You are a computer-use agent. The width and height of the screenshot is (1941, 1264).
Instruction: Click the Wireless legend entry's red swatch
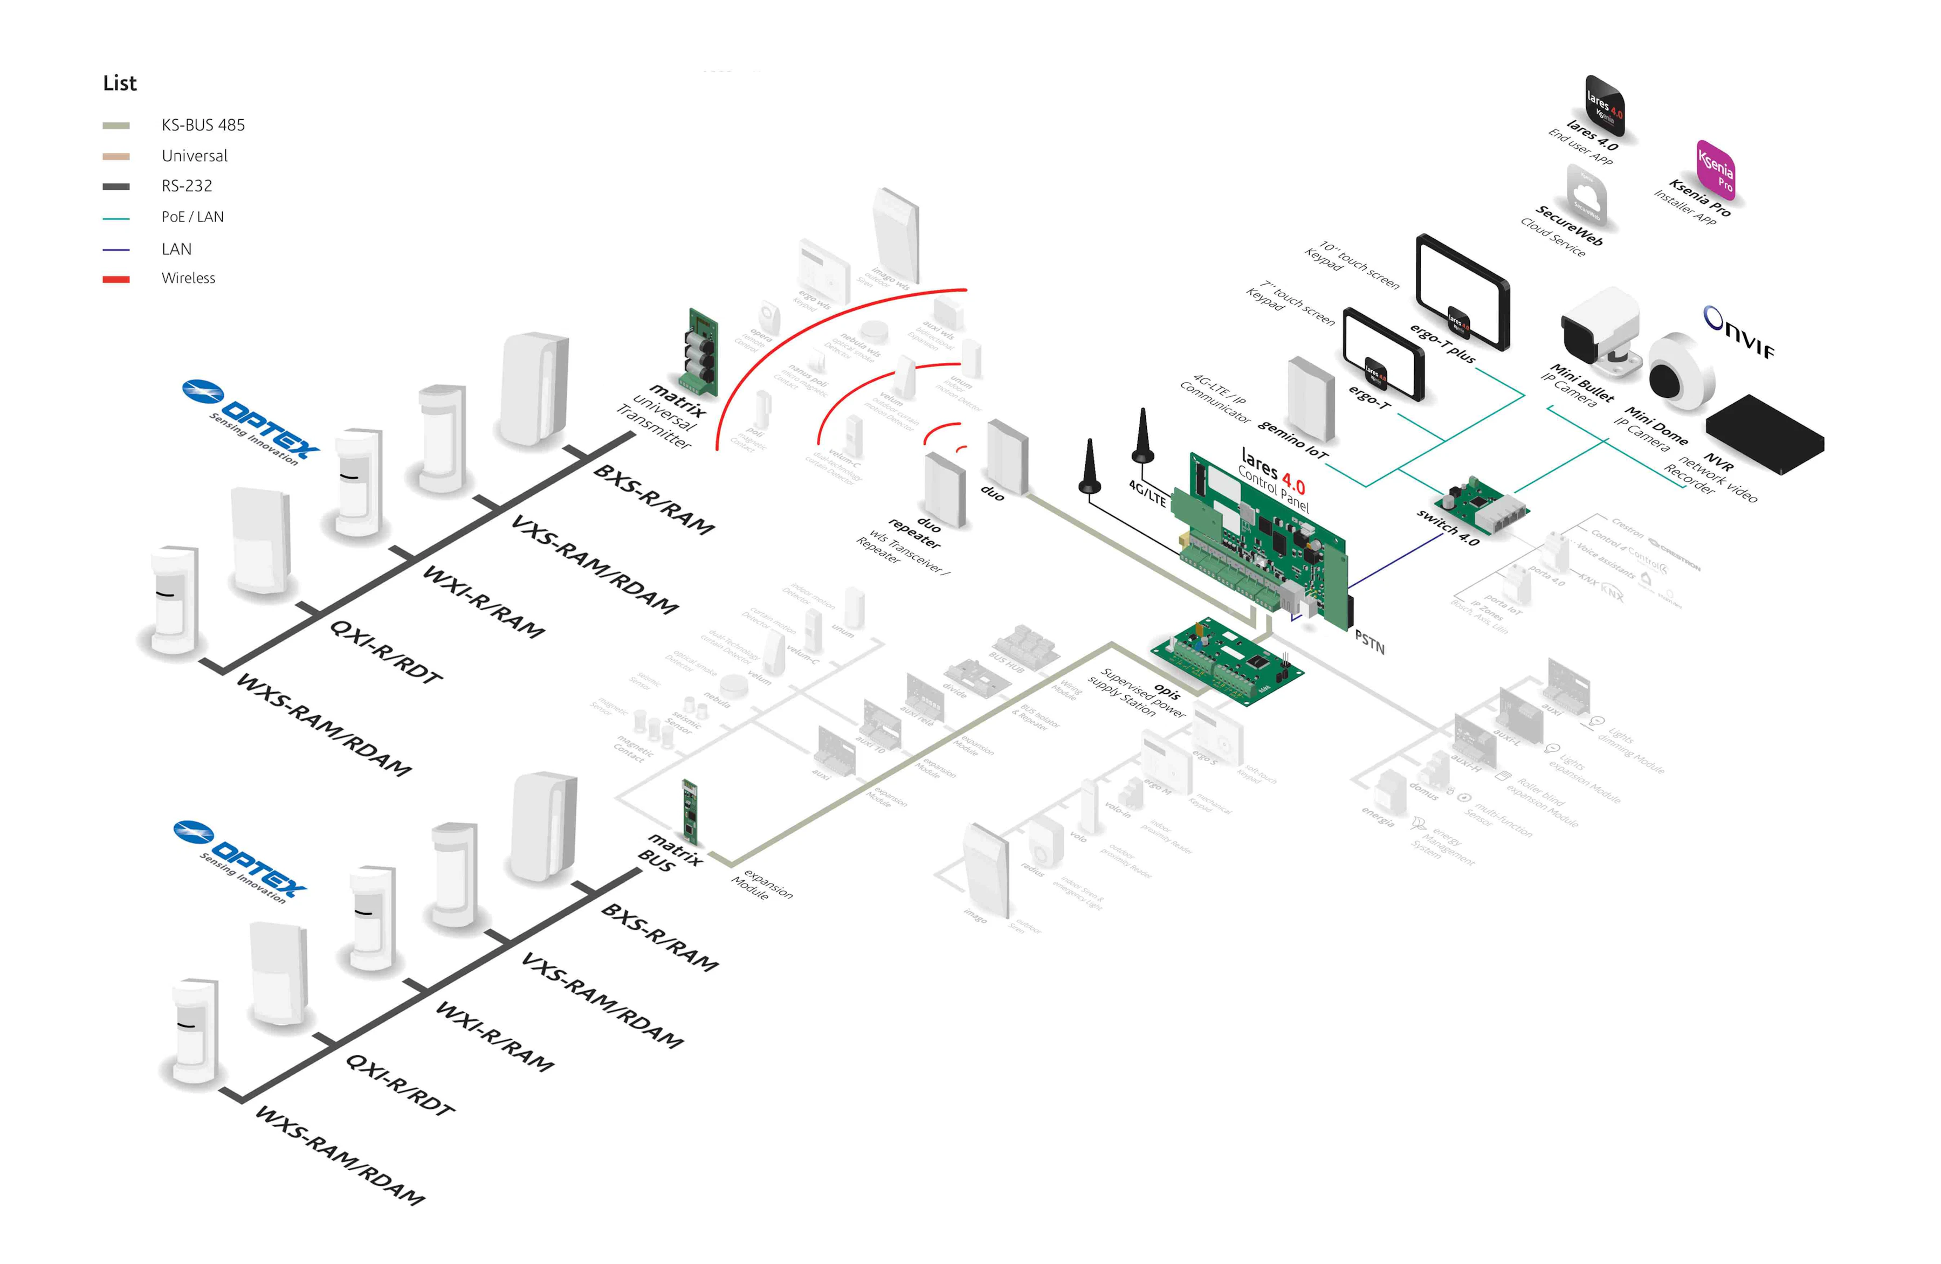[116, 279]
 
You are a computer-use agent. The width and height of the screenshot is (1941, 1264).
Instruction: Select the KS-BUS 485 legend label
[203, 125]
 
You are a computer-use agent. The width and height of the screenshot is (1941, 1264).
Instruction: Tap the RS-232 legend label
[187, 186]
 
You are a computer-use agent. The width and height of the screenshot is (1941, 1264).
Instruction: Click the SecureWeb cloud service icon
[1586, 196]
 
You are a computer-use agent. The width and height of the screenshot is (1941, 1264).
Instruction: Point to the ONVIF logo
[1739, 332]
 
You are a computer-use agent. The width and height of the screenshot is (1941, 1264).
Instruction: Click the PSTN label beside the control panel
[1369, 642]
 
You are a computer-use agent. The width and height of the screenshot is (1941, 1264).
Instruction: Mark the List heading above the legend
[120, 83]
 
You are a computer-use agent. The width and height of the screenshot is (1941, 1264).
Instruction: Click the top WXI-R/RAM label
[482, 603]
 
